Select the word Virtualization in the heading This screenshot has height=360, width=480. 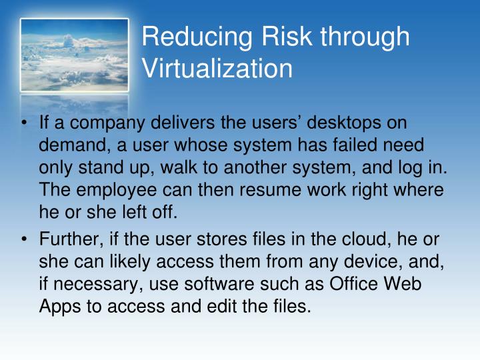[x=217, y=68]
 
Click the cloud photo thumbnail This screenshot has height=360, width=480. [x=74, y=55]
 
